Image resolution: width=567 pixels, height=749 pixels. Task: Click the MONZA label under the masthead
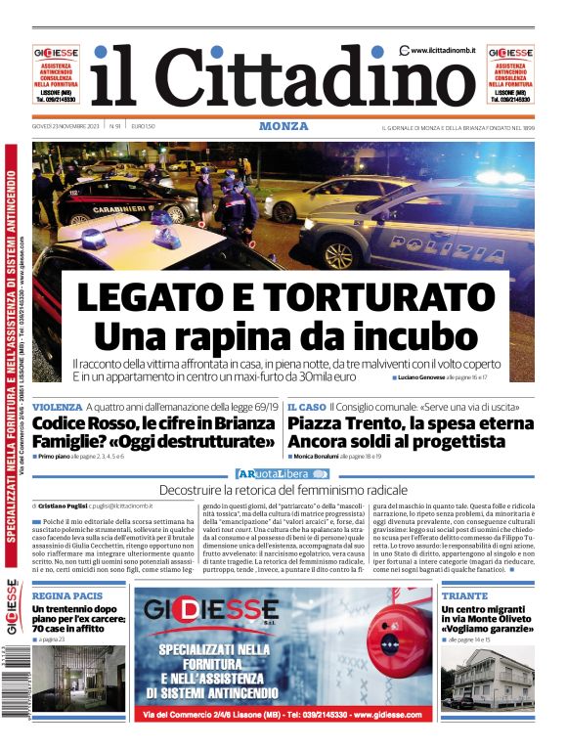(283, 126)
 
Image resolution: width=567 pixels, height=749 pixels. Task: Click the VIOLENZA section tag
(57, 406)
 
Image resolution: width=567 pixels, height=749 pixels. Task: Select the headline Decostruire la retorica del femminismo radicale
(283, 489)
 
